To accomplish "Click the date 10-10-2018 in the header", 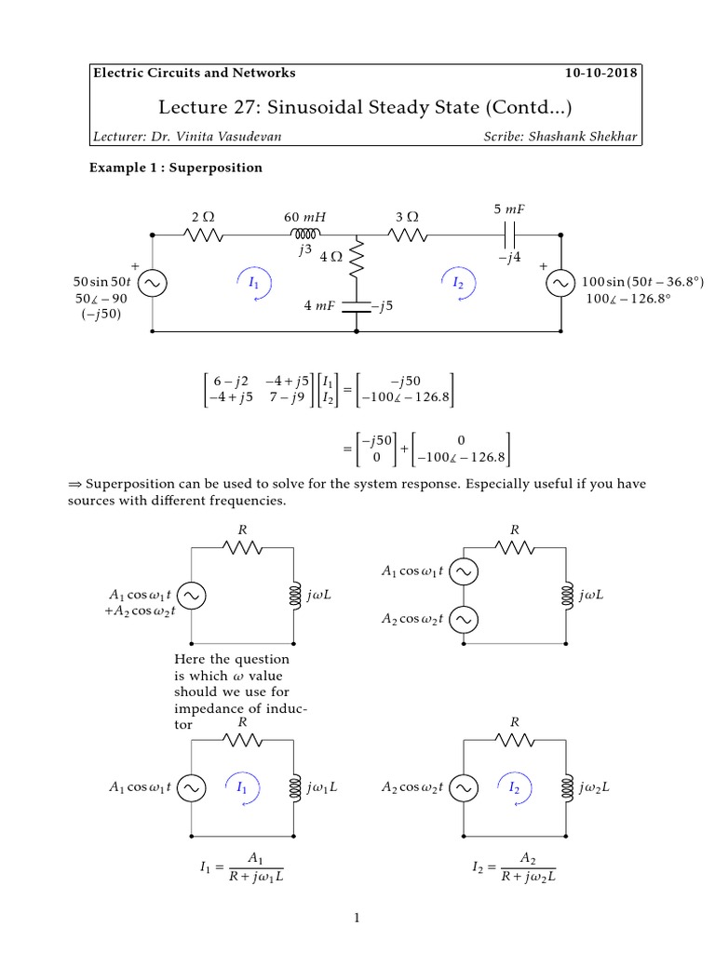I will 602,73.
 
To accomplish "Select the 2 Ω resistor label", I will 203,216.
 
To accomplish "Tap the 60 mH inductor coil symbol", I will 305,234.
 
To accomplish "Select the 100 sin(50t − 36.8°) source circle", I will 562,282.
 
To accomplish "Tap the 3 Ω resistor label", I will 407,216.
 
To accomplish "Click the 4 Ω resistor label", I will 332,256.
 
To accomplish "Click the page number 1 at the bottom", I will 357,919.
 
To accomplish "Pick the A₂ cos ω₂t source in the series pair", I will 465,618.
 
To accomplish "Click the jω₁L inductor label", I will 321,786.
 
